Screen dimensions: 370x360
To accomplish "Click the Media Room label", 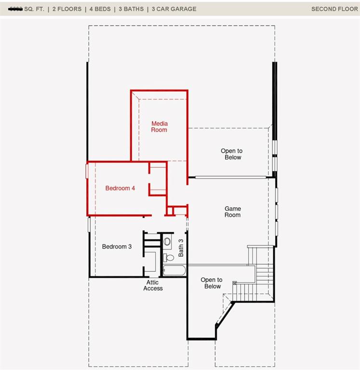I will [159, 127].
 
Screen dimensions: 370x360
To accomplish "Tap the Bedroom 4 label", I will [120, 188].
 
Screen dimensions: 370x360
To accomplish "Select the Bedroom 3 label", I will [117, 247].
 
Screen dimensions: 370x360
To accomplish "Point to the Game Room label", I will [233, 212].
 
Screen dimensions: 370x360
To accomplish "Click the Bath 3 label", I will [181, 247].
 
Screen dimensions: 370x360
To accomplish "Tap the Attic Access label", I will [153, 285].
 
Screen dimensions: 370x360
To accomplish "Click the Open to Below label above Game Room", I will [232, 154].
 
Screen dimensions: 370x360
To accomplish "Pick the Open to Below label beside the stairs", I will [212, 283].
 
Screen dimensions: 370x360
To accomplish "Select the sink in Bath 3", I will [167, 241].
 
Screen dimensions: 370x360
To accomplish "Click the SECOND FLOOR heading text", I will [334, 9].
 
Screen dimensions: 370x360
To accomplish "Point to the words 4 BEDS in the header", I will [100, 9].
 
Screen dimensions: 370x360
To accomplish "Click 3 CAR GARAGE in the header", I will [174, 9].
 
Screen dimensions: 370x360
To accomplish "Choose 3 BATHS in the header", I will [131, 9].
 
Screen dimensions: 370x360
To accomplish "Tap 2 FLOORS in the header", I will [67, 9].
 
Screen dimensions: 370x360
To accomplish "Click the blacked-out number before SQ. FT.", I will [15, 9].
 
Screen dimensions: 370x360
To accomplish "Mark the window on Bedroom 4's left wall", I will [87, 171].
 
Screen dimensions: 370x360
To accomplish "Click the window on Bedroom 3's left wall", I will [89, 225].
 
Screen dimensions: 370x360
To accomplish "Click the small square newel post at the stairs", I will [235, 283].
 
